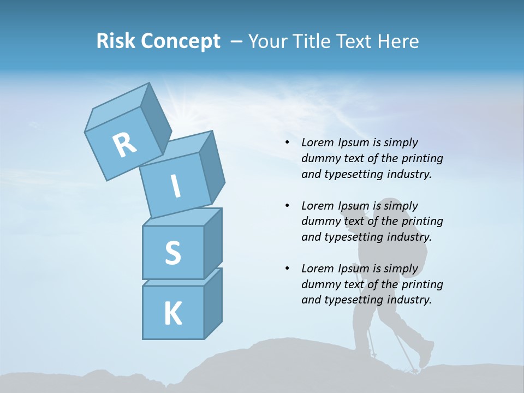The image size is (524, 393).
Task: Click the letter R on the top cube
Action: [x=124, y=145]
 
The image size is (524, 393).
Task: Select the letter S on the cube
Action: [x=172, y=253]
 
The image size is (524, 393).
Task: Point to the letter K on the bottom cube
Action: [x=172, y=313]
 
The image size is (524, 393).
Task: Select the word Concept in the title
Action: [x=181, y=41]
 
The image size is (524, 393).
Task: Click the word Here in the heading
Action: [x=397, y=41]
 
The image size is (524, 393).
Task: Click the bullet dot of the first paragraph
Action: [x=288, y=142]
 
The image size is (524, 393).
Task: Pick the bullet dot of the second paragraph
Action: [x=288, y=206]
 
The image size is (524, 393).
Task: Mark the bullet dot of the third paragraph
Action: [x=288, y=269]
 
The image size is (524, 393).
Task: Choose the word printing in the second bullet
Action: [x=422, y=221]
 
